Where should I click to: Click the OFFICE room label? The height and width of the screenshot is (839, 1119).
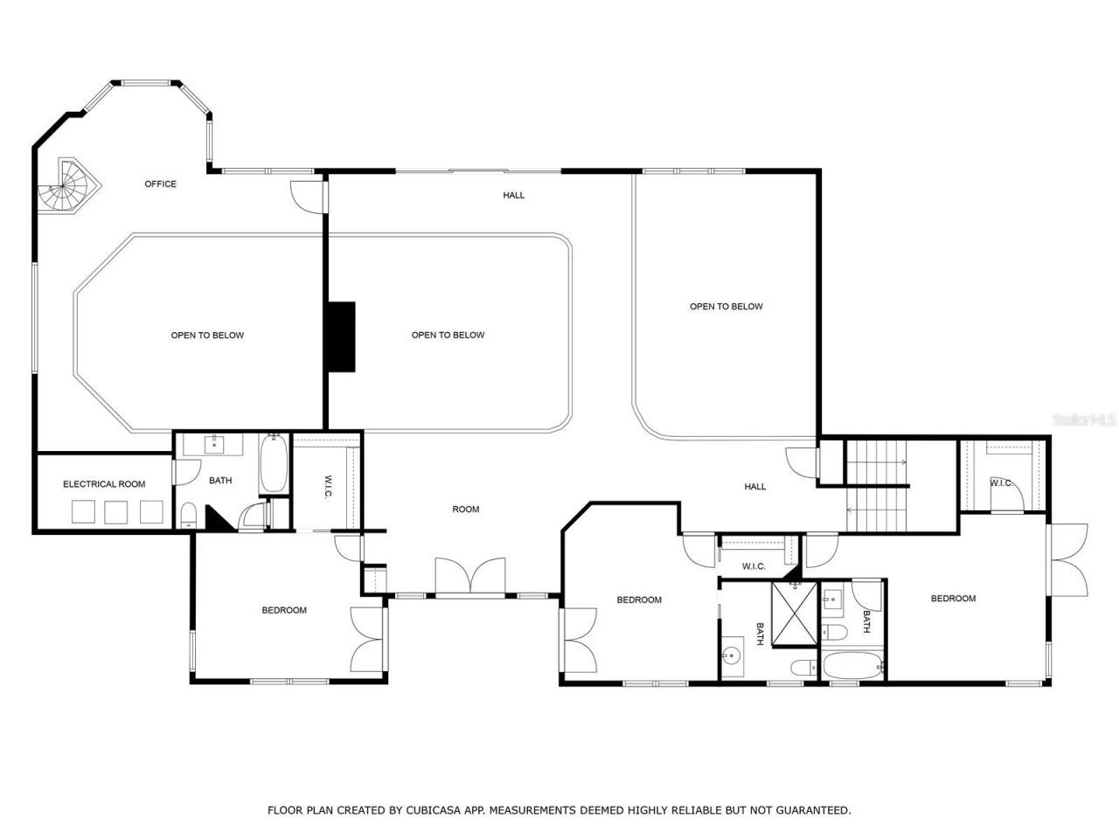tap(160, 184)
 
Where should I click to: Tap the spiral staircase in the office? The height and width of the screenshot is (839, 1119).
tap(69, 185)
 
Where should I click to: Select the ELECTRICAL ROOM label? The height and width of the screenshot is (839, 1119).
tap(104, 484)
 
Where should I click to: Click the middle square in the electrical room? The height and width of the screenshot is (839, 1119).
tap(116, 511)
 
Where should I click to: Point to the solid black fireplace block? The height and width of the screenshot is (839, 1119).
tap(341, 336)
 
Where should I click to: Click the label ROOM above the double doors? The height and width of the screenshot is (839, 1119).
tap(465, 510)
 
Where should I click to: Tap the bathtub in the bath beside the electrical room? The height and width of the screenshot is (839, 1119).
tap(272, 465)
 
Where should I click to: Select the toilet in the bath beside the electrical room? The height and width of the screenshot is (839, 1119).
tap(188, 514)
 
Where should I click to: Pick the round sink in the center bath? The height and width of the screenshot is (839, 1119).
tap(732, 654)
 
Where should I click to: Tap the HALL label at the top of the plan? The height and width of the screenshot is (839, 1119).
tap(514, 195)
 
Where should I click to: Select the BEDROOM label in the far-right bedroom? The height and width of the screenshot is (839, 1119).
tap(953, 599)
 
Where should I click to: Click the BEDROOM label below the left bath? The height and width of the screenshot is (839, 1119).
tap(284, 610)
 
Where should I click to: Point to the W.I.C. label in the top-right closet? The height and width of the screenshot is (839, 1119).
tap(1001, 483)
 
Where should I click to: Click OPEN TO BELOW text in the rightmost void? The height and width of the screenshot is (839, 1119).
tap(726, 307)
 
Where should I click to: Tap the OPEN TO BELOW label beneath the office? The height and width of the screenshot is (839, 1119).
tap(207, 336)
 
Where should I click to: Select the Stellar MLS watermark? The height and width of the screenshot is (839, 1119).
tap(1084, 420)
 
